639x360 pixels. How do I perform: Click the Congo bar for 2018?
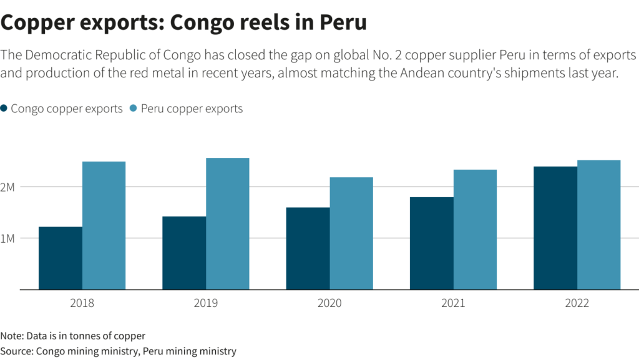coord(61,258)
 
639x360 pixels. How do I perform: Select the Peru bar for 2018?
coord(104,225)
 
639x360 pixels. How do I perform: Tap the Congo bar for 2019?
coord(184,253)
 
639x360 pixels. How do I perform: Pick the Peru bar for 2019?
coord(228,223)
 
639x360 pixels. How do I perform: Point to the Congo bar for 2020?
coord(308,248)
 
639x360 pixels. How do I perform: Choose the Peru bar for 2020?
coord(351,233)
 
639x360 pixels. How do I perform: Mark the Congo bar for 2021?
coord(432,243)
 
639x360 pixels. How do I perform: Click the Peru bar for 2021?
coord(475,230)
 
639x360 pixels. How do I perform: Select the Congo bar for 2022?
coord(555,228)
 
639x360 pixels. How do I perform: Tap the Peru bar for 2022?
coord(598,225)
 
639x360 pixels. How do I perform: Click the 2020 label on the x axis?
coord(329,304)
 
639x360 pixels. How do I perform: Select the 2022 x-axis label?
coord(577,304)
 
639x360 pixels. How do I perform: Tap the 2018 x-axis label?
coord(82,304)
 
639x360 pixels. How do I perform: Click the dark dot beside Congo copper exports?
coord(4,109)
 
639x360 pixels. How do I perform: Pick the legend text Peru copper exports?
coord(192,109)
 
